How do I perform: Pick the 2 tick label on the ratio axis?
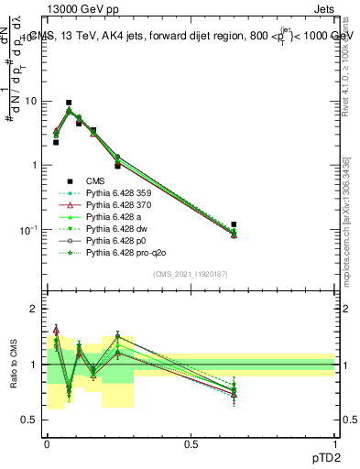33,310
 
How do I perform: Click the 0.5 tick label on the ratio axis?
29,420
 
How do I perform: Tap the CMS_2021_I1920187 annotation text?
191,274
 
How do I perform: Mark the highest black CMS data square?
69,103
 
